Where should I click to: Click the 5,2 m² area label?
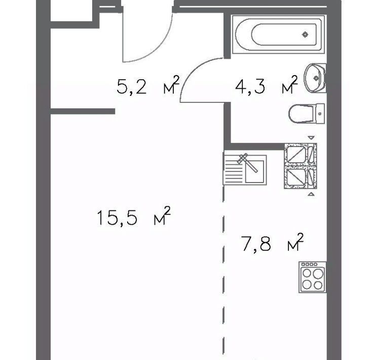[x=148, y=86]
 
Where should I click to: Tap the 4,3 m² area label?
[x=267, y=86]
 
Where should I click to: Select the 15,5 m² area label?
[x=133, y=216]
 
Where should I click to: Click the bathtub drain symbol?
[x=305, y=35]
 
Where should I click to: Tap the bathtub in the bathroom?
[x=278, y=34]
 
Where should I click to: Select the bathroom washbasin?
[x=315, y=78]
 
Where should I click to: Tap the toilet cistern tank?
[x=320, y=114]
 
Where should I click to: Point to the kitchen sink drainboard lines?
[x=234, y=170]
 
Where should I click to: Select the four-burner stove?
[x=313, y=277]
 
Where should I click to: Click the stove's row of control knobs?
[x=310, y=264]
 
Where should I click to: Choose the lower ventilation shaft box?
[x=300, y=177]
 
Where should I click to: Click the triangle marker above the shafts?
[x=311, y=138]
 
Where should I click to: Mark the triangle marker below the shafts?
[x=311, y=194]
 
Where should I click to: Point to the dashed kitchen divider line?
[x=223, y=271]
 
